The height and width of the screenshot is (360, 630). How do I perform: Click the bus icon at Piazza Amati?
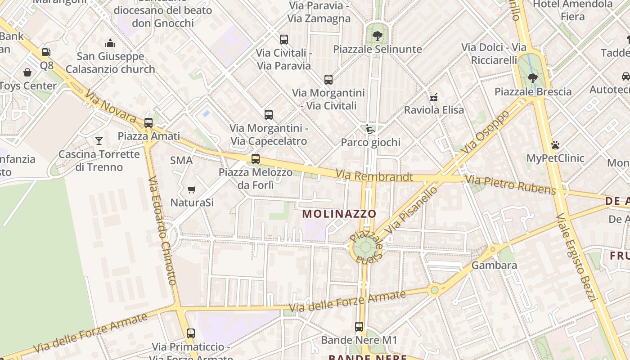click(148, 122)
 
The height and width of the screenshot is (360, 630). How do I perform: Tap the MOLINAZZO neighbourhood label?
click(339, 213)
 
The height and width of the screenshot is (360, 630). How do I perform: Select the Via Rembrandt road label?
click(374, 175)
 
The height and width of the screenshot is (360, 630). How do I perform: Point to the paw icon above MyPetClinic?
click(555, 145)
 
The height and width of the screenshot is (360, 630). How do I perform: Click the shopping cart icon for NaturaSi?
click(192, 189)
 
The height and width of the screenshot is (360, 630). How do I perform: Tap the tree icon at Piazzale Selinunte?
click(377, 36)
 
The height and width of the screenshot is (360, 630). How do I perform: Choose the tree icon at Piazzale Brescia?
click(533, 78)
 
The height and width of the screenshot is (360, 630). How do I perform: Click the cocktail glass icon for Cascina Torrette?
click(99, 141)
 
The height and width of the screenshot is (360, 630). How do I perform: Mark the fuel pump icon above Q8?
click(46, 52)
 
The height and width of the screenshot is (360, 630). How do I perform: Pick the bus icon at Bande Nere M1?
click(359, 327)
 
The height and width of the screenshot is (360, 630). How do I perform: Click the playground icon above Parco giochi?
click(370, 129)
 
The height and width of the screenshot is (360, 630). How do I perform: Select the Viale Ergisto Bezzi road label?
click(576, 257)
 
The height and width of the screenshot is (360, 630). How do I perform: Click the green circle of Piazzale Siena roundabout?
click(364, 248)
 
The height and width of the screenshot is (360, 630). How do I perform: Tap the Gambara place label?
click(494, 265)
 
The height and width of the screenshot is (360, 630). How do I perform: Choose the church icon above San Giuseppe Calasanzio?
click(110, 43)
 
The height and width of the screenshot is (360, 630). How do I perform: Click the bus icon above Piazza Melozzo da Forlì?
click(256, 158)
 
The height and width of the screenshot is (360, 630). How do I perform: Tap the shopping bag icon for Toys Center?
click(27, 72)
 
